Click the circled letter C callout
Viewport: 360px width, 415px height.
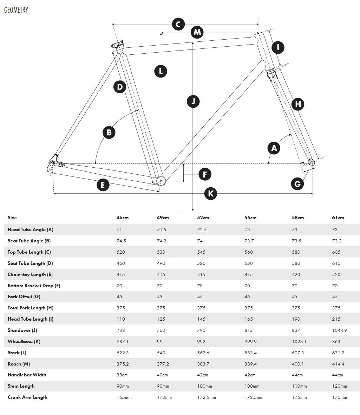[x=178, y=25]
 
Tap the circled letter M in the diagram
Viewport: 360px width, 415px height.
[x=197, y=32]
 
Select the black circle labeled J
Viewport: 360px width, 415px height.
[x=193, y=101]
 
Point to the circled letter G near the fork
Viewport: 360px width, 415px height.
[x=297, y=183]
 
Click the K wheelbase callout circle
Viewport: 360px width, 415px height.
[x=211, y=193]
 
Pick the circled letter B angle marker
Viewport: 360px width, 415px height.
[x=109, y=132]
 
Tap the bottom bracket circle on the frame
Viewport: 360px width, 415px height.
[x=161, y=181]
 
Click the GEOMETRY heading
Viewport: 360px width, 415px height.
[x=16, y=10]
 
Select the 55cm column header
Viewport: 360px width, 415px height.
[x=250, y=218]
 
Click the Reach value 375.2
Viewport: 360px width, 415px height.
[x=123, y=364]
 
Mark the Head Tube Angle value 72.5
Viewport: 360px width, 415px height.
[x=202, y=230]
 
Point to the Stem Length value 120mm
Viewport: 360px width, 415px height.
[x=339, y=386]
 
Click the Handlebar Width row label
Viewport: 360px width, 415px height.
[x=27, y=375]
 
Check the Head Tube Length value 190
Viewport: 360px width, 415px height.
[x=296, y=319]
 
